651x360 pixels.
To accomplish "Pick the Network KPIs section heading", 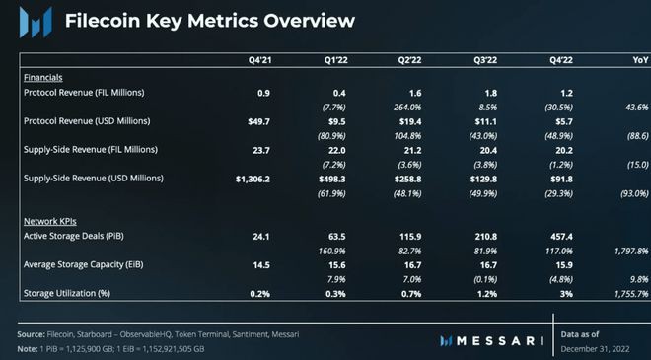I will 48,222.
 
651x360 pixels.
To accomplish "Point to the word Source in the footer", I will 32,335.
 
